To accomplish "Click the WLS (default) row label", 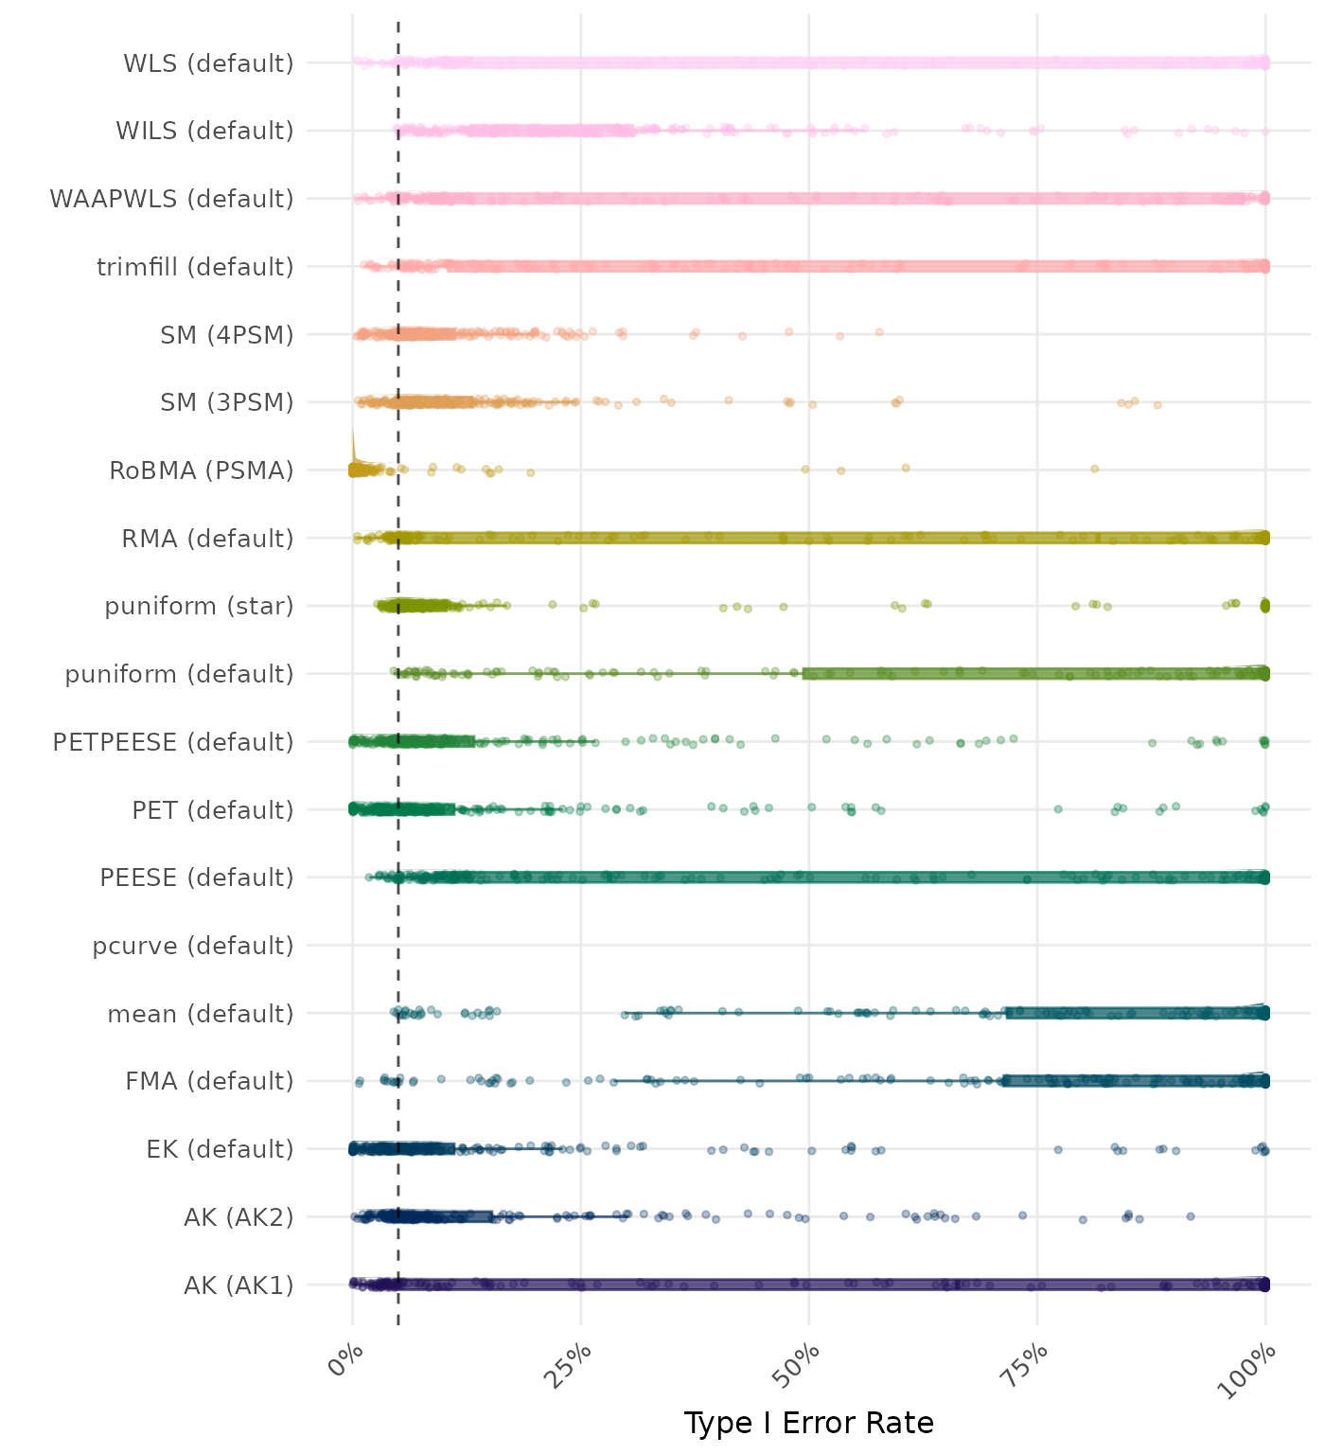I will click(x=208, y=63).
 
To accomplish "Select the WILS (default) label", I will click(x=204, y=131).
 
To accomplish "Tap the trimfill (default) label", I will click(x=195, y=267).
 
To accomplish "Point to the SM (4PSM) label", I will click(x=227, y=335).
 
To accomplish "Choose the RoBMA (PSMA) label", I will click(x=202, y=470).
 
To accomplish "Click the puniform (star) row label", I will click(x=199, y=606).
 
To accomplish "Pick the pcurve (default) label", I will click(x=193, y=946).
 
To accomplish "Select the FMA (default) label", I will click(x=209, y=1081).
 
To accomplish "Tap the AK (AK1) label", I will click(x=238, y=1286).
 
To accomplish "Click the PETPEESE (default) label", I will click(x=173, y=742).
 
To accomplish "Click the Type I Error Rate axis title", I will click(x=808, y=1423).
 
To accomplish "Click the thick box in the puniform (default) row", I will click(x=1035, y=674).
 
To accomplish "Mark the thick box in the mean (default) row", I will click(x=1136, y=1013).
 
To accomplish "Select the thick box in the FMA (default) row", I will click(x=1136, y=1081).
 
